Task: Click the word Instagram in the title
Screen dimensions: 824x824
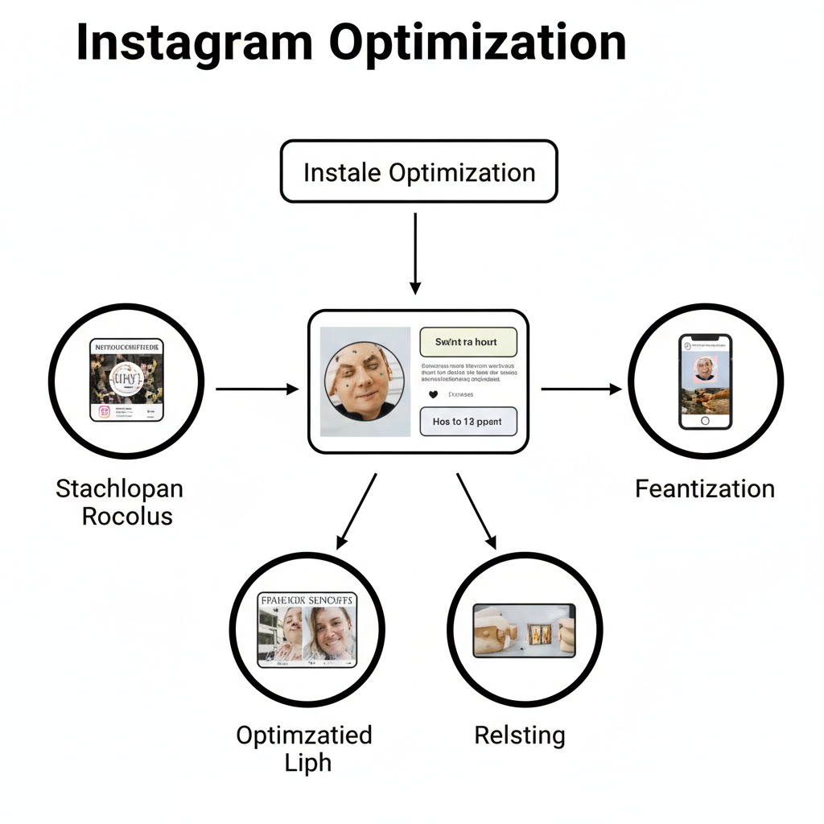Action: (194, 43)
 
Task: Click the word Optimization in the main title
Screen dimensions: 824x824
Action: (477, 43)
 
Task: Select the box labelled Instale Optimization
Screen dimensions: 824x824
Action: (418, 171)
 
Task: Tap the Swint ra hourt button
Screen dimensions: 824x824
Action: (467, 342)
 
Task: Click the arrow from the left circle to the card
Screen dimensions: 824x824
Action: (257, 389)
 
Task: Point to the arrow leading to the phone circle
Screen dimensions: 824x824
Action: (581, 389)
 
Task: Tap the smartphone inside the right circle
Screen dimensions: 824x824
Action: (705, 381)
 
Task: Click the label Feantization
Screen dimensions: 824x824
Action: (705, 488)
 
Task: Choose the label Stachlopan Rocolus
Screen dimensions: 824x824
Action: (120, 501)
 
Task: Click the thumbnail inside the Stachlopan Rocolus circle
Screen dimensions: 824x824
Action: (126, 380)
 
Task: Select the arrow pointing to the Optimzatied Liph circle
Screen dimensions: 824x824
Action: (356, 510)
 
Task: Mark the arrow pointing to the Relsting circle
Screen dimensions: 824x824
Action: (476, 510)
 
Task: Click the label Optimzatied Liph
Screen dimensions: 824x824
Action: (304, 748)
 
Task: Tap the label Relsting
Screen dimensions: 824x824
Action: (520, 735)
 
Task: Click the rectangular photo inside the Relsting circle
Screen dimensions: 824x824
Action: (524, 629)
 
